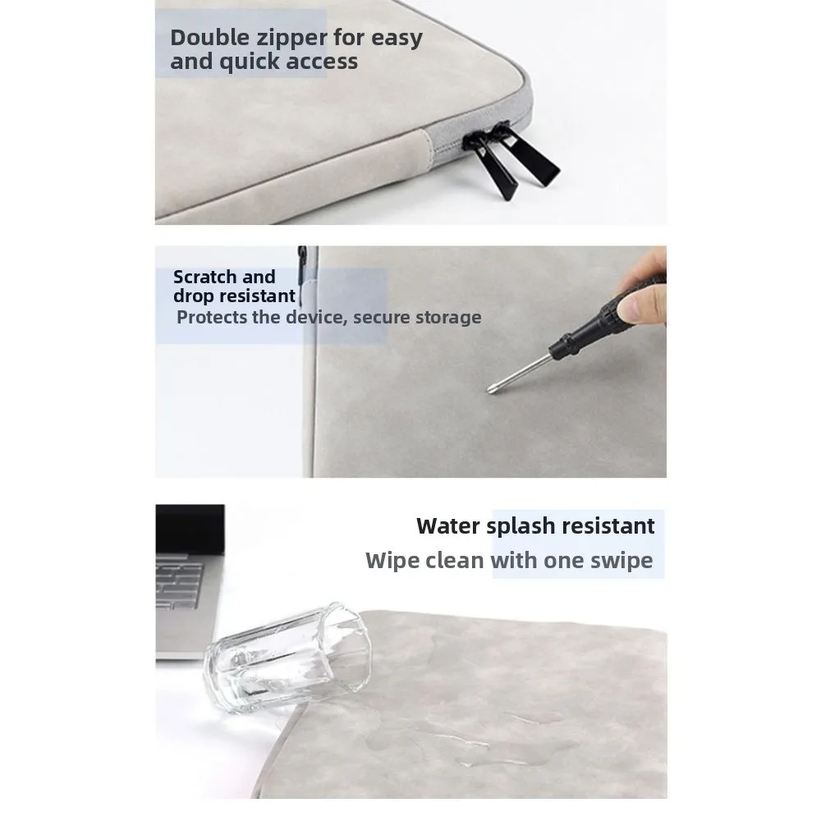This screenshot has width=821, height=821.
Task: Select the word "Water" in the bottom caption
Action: pos(448,525)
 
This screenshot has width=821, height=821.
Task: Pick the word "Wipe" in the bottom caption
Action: pos(393,561)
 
